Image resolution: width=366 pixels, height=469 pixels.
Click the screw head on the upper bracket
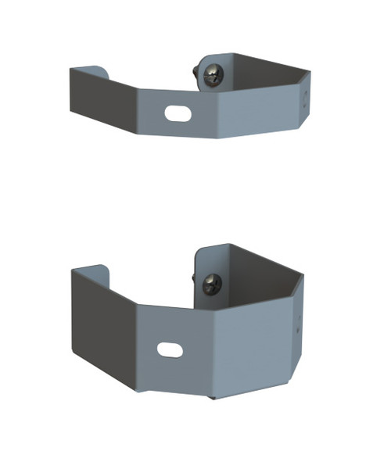[213, 75]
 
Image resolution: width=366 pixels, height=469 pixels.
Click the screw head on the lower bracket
[212, 284]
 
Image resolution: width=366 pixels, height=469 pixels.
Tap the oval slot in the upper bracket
[178, 113]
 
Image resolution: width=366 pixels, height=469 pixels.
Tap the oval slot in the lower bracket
[170, 349]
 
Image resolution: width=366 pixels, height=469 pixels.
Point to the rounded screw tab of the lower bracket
[208, 266]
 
